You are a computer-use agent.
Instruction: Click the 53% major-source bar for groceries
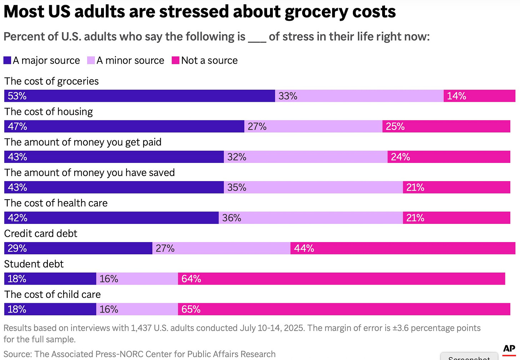pyautogui.click(x=139, y=96)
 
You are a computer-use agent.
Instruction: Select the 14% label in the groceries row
pyautogui.click(x=456, y=96)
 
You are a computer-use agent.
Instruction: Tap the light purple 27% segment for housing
pyautogui.click(x=313, y=126)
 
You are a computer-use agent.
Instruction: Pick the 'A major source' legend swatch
pyautogui.click(x=7, y=60)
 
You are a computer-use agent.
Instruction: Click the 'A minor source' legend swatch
pyautogui.click(x=91, y=60)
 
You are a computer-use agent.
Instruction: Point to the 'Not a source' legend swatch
pyautogui.click(x=175, y=60)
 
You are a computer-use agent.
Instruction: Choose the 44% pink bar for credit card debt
pyautogui.click(x=403, y=248)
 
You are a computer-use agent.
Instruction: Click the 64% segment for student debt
pyautogui.click(x=341, y=279)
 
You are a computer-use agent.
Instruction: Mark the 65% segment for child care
pyautogui.click(x=344, y=309)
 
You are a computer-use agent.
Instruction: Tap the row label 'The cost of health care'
pyautogui.click(x=56, y=203)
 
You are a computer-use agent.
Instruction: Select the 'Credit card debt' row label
pyautogui.click(x=41, y=234)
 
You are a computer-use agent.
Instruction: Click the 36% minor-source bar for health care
pyautogui.click(x=311, y=218)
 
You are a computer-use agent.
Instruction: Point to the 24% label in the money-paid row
pyautogui.click(x=400, y=157)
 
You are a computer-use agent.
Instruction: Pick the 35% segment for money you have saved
pyautogui.click(x=313, y=187)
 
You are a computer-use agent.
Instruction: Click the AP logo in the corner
pyautogui.click(x=509, y=349)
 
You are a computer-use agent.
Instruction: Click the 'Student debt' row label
pyautogui.click(x=34, y=264)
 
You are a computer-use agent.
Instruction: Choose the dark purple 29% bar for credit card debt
pyautogui.click(x=78, y=248)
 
